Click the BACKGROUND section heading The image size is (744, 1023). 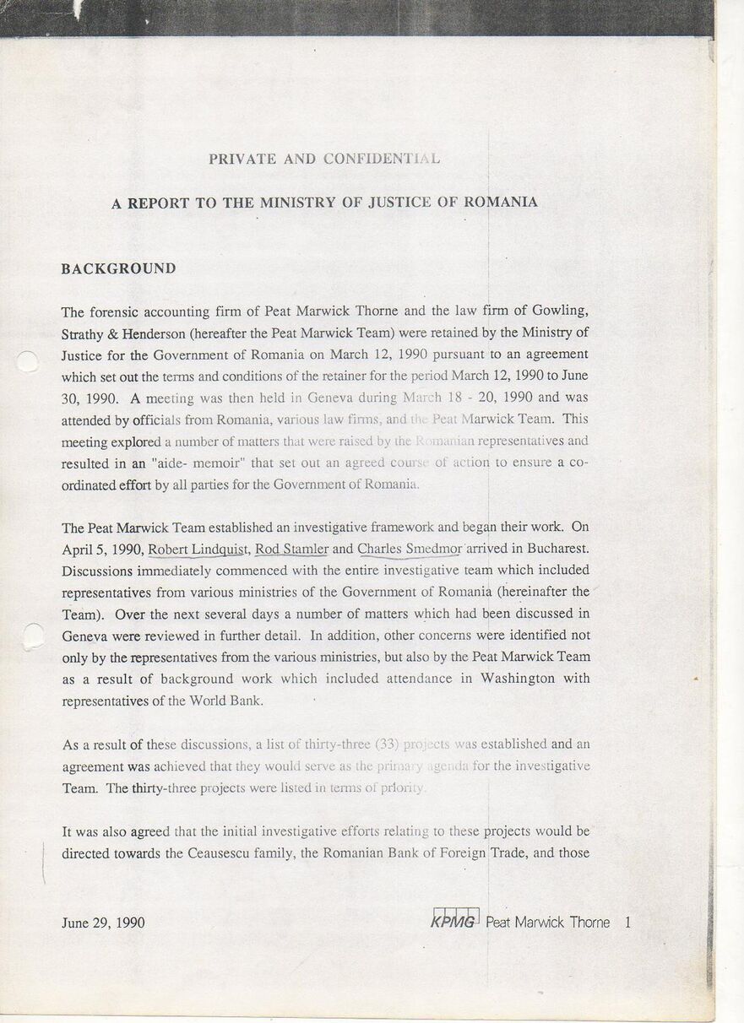point(118,268)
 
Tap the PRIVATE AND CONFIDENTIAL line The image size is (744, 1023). point(323,159)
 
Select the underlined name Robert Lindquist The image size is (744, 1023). point(198,549)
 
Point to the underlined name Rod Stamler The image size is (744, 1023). point(291,549)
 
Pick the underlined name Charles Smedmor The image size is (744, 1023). point(409,549)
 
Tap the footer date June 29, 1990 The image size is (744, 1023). point(103,923)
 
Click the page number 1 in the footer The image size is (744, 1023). point(627,922)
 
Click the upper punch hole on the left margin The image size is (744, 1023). point(27,361)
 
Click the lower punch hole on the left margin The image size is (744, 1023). point(32,636)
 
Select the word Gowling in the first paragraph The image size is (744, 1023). point(561,311)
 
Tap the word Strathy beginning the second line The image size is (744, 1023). point(82,333)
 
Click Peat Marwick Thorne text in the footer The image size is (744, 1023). point(547,922)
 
